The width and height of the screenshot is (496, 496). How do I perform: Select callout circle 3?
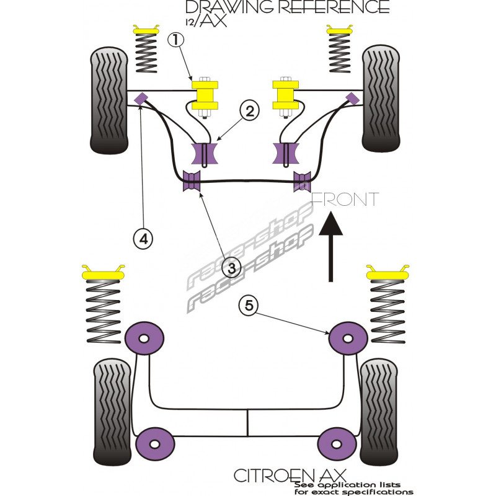coord(231,268)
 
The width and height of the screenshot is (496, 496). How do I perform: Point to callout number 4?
coord(143,237)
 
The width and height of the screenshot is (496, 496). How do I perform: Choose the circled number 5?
coord(249,305)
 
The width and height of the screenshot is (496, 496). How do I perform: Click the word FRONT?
coord(344,200)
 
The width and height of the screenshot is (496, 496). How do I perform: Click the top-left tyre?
coord(110,100)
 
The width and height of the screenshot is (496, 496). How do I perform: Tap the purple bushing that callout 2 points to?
coord(205,154)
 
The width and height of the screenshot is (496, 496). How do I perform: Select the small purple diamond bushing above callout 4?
coord(141,97)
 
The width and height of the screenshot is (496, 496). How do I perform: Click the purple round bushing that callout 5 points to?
coord(347,338)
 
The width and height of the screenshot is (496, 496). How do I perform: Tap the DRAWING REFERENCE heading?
coord(287,7)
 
